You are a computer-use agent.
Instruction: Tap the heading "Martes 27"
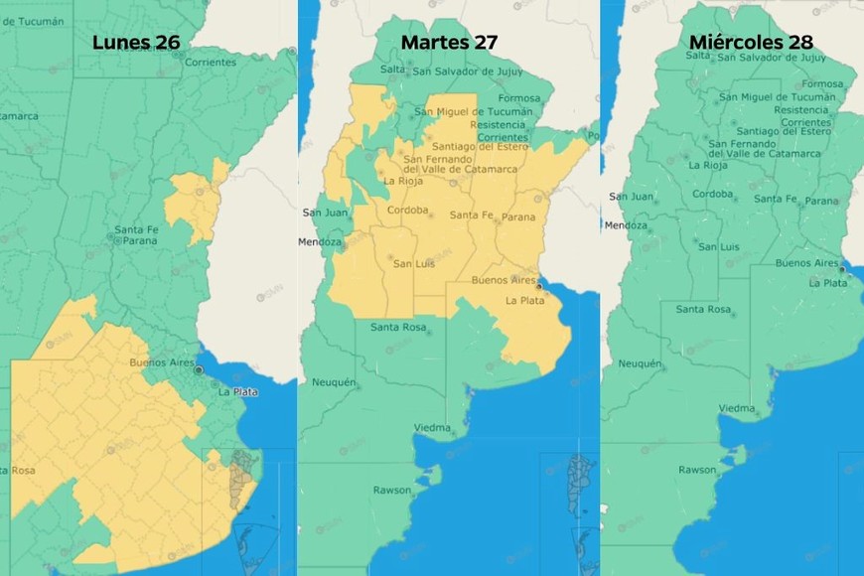(449, 43)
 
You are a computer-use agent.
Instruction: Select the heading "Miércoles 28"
(751, 43)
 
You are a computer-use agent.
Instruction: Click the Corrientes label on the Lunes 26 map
(210, 62)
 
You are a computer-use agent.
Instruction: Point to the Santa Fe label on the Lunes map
(137, 230)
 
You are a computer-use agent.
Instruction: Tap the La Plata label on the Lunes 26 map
(238, 392)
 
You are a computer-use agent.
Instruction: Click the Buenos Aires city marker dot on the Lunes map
(199, 369)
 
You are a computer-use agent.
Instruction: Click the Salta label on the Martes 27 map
(392, 70)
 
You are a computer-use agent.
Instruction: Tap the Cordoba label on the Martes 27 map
(407, 211)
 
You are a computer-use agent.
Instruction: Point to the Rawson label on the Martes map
(391, 491)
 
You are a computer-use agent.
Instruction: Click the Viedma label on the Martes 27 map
(434, 429)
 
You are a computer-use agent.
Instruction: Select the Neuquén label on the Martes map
(334, 382)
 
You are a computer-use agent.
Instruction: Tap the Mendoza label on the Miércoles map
(625, 225)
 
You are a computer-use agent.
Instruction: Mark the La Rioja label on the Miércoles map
(707, 165)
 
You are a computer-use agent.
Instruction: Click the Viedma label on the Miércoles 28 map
(738, 408)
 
